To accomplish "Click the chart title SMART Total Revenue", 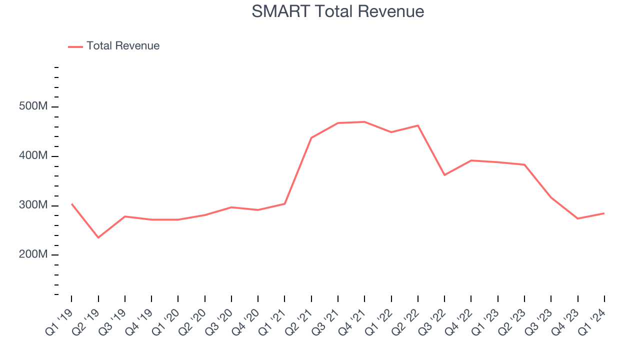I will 337,11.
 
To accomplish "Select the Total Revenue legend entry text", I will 123,46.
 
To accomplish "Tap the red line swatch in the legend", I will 75,46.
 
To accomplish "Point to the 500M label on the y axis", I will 33,107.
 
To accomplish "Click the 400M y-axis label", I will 33,156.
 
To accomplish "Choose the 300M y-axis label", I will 33,205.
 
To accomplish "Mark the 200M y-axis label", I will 33,254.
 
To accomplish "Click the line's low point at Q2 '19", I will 98,237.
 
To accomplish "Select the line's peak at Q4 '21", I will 364,122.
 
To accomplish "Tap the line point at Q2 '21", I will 311,137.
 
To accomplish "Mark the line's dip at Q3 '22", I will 444,175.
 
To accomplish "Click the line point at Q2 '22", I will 418,125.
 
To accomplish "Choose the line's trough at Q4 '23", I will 577,218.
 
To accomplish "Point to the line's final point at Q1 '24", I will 604,213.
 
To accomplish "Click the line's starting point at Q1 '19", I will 71,204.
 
